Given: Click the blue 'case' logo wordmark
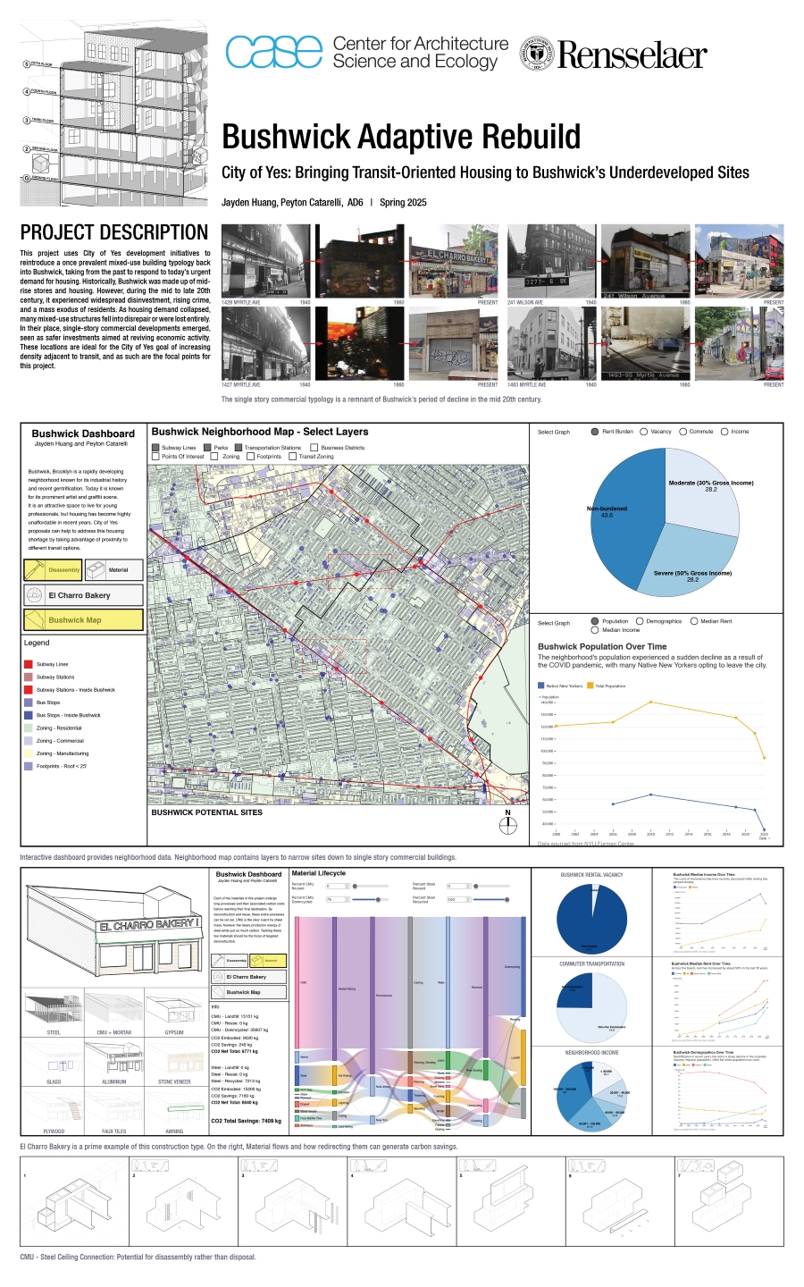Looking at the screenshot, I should [273, 53].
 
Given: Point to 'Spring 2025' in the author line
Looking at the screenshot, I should [403, 203].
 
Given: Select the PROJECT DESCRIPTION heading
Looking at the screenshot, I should [114, 232].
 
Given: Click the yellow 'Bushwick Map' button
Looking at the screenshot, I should [83, 619].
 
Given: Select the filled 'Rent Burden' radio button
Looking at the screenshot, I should [595, 432].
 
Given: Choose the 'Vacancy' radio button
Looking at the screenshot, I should [644, 432].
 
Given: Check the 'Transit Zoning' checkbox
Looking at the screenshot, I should [293, 457].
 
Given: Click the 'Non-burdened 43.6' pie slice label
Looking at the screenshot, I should [607, 511].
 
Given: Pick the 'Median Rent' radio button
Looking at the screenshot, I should [694, 621].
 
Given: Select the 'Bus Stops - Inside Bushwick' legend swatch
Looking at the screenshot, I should [29, 715].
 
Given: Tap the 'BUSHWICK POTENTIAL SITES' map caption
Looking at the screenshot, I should [207, 812].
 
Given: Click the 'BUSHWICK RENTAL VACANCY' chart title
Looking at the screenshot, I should [591, 875].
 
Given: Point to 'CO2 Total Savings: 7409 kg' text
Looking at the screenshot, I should [246, 1121].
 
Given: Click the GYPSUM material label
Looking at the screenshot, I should [174, 1032].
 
